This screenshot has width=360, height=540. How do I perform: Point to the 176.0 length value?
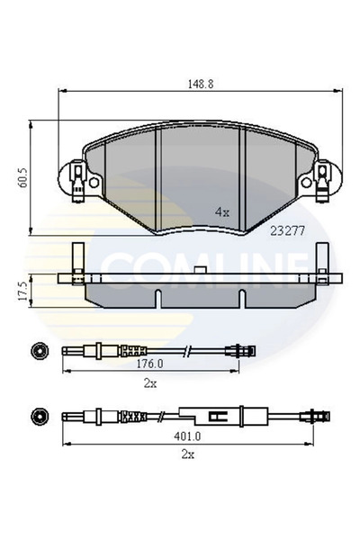point(150,365)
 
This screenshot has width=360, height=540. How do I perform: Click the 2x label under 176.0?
point(150,383)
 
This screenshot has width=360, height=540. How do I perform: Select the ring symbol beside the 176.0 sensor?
point(39,349)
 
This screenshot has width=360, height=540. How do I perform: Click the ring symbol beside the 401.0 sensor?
point(39,417)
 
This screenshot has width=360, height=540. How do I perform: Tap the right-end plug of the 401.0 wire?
point(315,417)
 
